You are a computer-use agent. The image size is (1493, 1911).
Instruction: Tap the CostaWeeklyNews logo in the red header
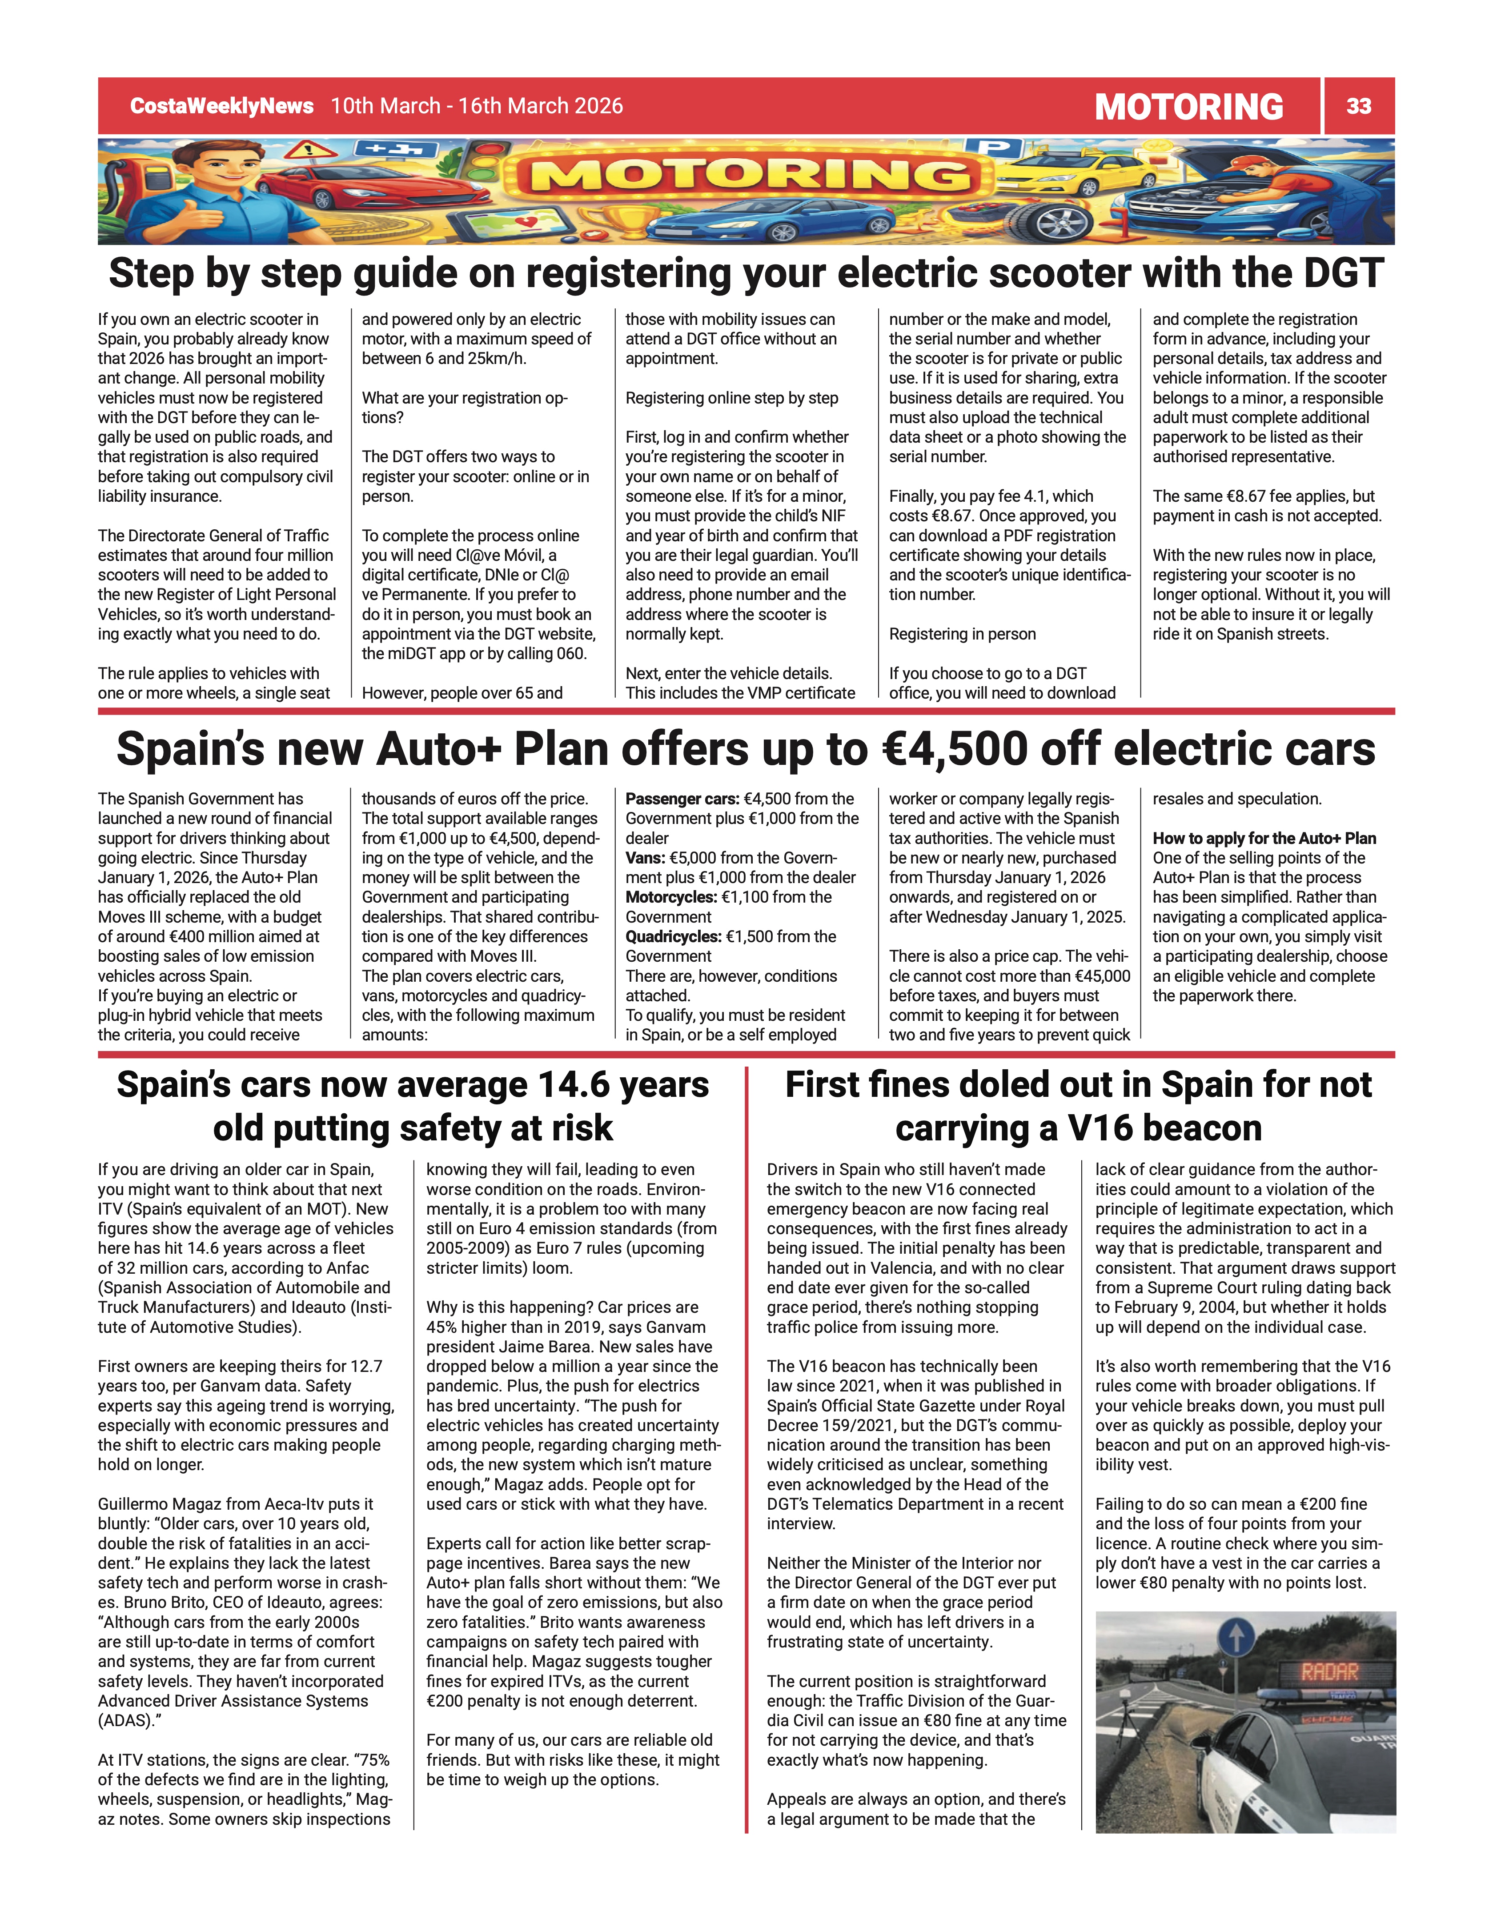point(221,106)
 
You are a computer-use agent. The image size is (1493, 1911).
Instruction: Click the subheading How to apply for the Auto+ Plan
point(1264,838)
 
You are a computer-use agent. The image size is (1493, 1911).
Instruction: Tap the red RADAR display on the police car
point(1328,1672)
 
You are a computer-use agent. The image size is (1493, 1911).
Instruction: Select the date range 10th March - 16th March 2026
point(477,106)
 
